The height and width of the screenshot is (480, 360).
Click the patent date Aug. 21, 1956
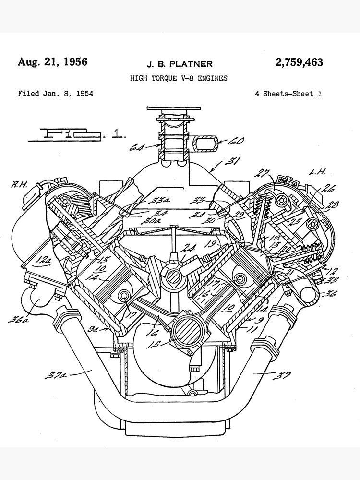[x=52, y=62]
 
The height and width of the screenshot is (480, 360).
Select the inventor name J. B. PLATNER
[x=179, y=64]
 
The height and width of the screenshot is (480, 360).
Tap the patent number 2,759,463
[x=299, y=62]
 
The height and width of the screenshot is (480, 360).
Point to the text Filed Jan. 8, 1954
[x=55, y=93]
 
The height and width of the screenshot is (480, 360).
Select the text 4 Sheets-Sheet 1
[x=288, y=94]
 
